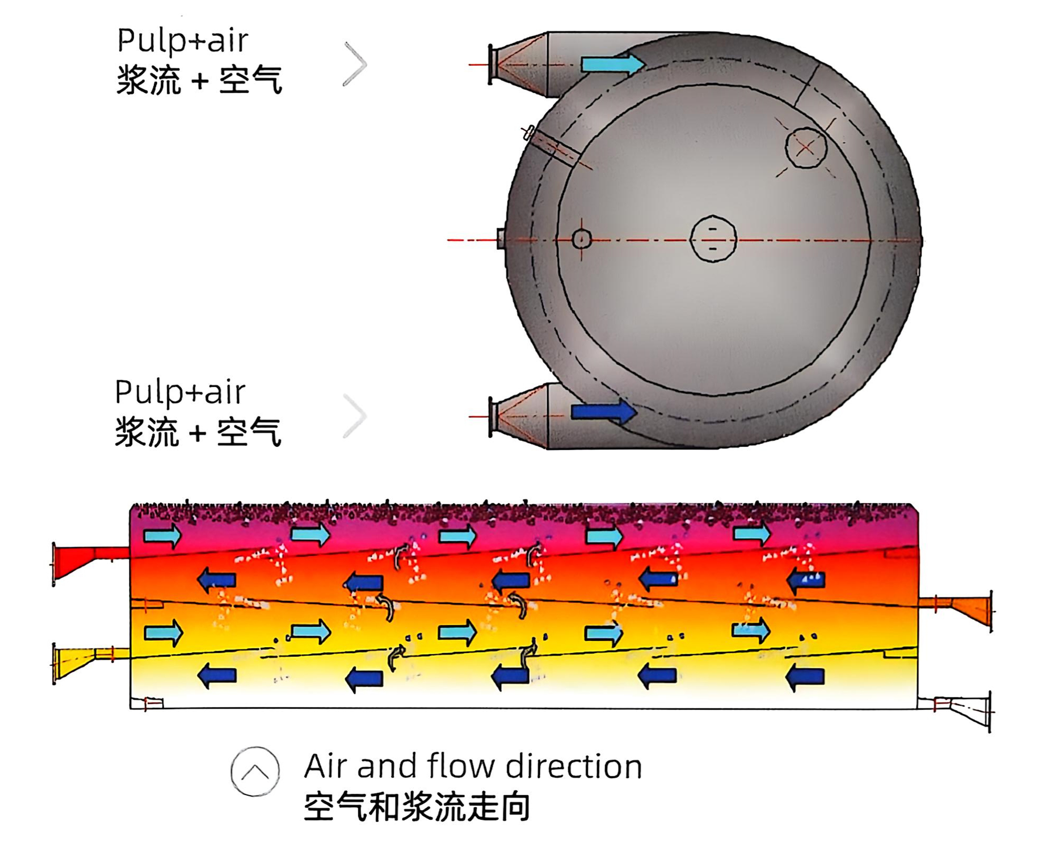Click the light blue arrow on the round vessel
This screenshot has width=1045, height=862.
coord(612,64)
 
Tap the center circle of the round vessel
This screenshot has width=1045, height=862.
coord(712,239)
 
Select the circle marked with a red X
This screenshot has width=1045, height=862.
coord(806,148)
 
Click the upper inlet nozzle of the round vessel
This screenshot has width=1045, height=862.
coord(518,64)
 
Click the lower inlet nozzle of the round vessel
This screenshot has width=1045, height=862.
coord(518,417)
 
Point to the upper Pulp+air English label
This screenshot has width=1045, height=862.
coord(182,41)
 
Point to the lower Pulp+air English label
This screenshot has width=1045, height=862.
coord(180,392)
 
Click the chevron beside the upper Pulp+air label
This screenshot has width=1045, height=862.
coord(355,64)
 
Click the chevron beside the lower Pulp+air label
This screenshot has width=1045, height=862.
coord(355,415)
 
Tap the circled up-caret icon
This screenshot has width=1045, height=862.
coord(255,771)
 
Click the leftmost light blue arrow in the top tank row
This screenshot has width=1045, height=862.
coord(163,536)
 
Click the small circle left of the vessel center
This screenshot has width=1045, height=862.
coord(581,239)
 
